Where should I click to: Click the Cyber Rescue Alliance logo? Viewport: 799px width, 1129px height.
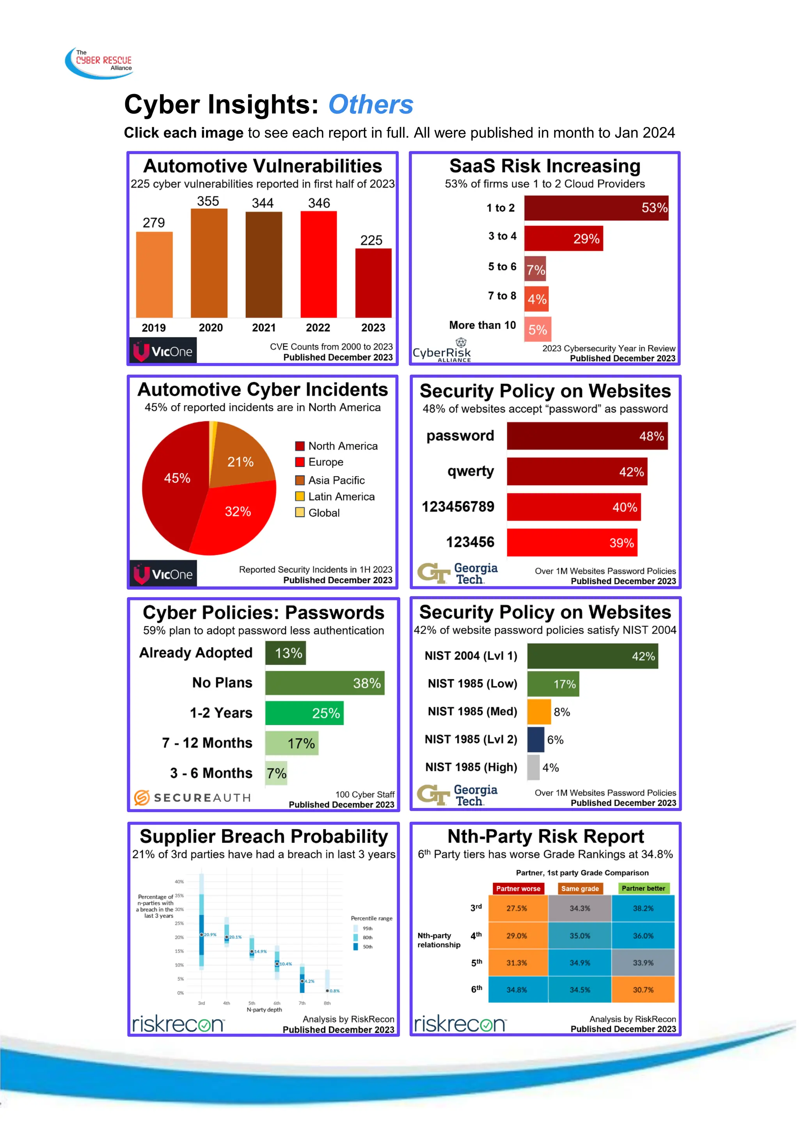[100, 63]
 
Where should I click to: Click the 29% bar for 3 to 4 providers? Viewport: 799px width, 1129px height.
[563, 239]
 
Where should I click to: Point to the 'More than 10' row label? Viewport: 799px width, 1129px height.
[482, 325]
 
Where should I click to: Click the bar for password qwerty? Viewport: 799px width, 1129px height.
[577, 472]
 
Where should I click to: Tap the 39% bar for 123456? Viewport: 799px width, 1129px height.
[572, 543]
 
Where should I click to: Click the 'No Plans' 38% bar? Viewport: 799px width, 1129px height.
[325, 683]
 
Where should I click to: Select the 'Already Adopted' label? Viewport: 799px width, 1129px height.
[196, 653]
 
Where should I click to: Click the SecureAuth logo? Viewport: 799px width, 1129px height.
[192, 797]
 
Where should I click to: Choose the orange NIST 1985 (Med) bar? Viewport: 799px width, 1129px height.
[539, 712]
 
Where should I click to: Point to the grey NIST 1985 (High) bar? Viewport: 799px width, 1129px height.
[533, 767]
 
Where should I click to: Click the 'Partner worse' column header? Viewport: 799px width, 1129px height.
[518, 888]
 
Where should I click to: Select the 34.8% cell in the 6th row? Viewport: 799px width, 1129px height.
[517, 989]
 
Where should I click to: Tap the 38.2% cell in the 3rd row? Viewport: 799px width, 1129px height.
[643, 908]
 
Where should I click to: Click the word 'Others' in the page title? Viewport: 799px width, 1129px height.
[371, 105]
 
